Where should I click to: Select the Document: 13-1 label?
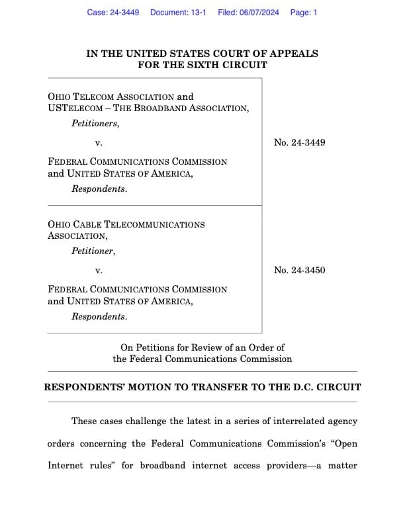click(x=178, y=13)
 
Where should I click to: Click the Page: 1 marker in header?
click(x=304, y=13)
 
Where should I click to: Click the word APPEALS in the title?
click(x=294, y=54)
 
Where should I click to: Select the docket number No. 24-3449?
click(x=299, y=142)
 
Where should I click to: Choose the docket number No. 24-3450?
click(x=299, y=270)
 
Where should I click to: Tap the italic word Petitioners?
click(x=95, y=124)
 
